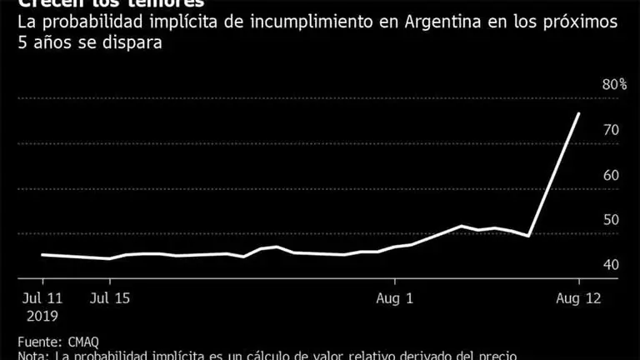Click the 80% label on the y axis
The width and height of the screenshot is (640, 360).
click(x=614, y=85)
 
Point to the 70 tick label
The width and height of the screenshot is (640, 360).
click(x=610, y=130)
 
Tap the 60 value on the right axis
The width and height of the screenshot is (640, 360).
click(x=610, y=175)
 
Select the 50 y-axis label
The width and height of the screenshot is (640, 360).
click(x=610, y=220)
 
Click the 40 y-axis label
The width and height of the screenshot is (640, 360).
click(x=610, y=265)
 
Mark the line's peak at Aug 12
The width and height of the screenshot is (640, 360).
click(x=579, y=113)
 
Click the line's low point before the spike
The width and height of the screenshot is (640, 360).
click(x=529, y=236)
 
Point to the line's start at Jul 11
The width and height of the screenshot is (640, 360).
click(x=42, y=254)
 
